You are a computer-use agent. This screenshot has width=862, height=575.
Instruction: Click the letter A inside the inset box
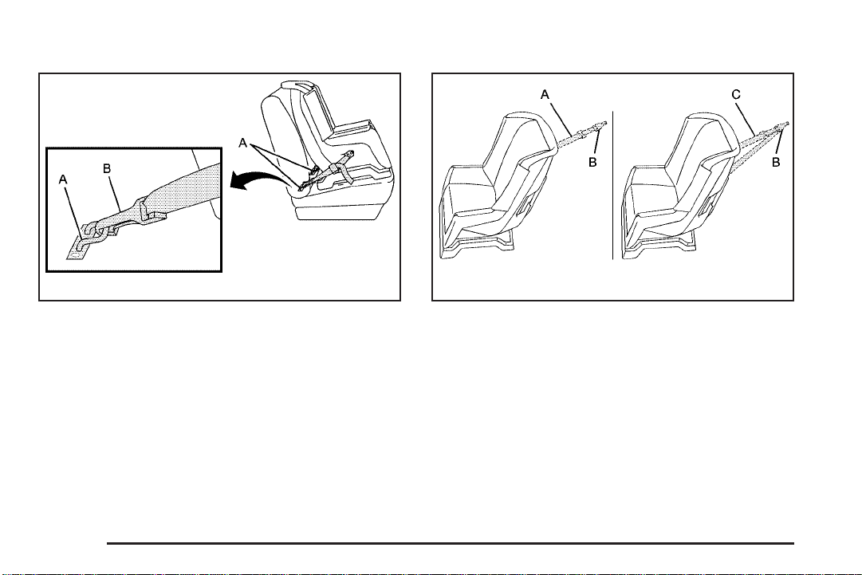point(63,179)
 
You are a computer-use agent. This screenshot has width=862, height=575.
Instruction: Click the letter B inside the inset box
point(107,169)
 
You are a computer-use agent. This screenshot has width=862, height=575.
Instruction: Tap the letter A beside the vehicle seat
point(243,144)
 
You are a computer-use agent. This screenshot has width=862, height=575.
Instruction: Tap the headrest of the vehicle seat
point(297,88)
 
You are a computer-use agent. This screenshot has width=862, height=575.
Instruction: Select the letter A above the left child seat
point(545,95)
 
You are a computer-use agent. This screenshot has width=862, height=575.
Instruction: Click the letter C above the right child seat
point(736,95)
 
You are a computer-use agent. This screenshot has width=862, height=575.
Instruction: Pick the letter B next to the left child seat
point(592,163)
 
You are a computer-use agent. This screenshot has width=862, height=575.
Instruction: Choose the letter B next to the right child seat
point(776,163)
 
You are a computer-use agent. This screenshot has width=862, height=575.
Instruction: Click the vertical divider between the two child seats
point(613,185)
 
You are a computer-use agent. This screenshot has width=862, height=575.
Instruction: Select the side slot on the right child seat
point(707,206)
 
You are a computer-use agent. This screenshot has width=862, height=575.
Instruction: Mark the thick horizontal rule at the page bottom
point(451,544)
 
